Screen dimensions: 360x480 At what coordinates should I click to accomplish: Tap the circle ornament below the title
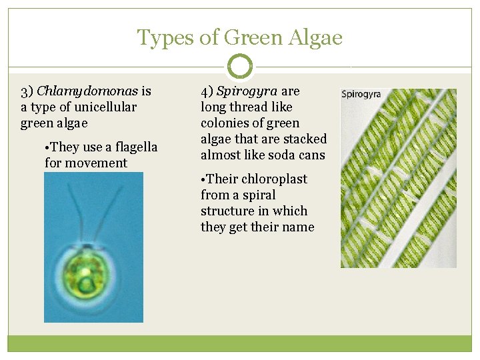(240, 66)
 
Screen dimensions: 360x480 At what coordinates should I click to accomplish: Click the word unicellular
(105, 107)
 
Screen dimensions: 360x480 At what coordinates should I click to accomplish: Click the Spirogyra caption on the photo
(361, 94)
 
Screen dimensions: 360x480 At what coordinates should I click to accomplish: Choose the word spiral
(260, 195)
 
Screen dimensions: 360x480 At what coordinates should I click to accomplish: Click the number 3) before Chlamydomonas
(27, 91)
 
